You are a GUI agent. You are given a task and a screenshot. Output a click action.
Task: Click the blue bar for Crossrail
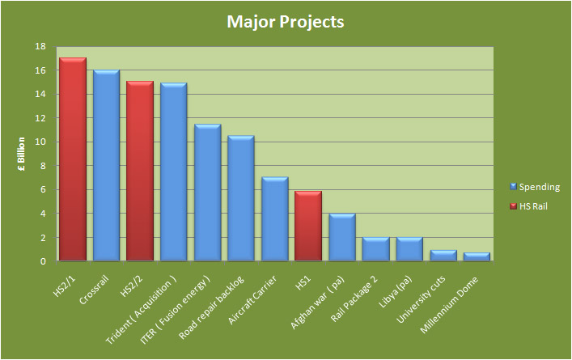pyautogui.click(x=106, y=165)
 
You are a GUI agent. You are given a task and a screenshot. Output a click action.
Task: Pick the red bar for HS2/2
pyautogui.click(x=140, y=171)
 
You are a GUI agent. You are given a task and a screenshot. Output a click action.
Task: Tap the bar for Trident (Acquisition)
pyautogui.click(x=173, y=172)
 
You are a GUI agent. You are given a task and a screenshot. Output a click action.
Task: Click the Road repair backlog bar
pyautogui.click(x=240, y=198)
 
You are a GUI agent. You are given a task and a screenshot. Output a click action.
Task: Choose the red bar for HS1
pyautogui.click(x=308, y=226)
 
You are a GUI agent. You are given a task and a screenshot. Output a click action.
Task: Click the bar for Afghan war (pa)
pyautogui.click(x=341, y=237)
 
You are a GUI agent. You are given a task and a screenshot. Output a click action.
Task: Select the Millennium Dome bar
pyautogui.click(x=477, y=256)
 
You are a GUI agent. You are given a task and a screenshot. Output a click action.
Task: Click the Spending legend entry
pyautogui.click(x=538, y=187)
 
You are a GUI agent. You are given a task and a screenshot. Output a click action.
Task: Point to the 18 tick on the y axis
pyautogui.click(x=40, y=46)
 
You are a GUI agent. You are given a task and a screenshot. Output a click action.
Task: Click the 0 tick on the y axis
pyautogui.click(x=42, y=261)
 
